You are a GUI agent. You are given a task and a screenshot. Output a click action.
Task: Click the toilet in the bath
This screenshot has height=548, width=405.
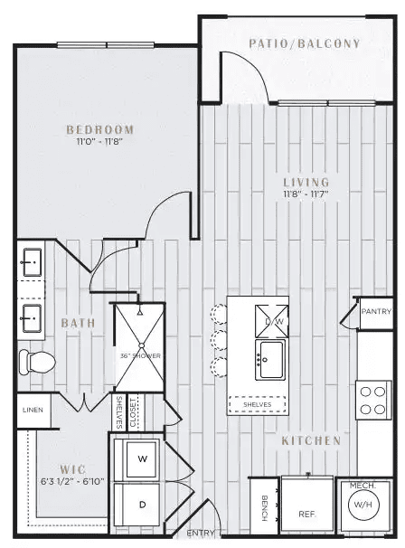(x=37, y=362)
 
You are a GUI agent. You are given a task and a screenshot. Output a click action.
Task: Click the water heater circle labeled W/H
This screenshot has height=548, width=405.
(x=363, y=505)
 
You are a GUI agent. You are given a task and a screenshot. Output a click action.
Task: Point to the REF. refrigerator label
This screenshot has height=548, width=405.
(x=307, y=515)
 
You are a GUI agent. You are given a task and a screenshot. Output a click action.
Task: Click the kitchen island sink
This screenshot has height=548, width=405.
(x=269, y=360)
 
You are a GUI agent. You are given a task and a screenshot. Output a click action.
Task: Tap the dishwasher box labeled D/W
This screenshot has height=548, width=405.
(x=271, y=321)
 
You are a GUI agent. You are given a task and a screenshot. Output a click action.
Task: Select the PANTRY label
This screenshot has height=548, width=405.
(x=376, y=311)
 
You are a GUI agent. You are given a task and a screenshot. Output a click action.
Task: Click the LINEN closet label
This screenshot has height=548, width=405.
(x=33, y=410)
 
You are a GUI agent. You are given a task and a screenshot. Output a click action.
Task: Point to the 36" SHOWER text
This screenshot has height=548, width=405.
(x=140, y=355)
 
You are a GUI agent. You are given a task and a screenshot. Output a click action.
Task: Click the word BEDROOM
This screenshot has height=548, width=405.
(x=100, y=129)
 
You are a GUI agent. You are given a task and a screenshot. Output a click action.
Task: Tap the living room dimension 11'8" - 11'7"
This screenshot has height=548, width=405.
(x=306, y=194)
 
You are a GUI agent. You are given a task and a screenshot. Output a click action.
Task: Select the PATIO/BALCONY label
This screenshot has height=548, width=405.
(x=304, y=43)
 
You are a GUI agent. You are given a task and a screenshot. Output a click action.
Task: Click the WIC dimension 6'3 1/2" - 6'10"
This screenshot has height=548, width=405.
(x=72, y=481)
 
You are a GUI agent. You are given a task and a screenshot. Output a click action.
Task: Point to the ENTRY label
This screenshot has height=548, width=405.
(x=200, y=533)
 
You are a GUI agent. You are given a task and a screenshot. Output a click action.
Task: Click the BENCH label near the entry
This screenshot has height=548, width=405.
(x=265, y=508)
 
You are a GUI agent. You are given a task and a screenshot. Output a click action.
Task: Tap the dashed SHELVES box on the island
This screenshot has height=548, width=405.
(x=257, y=404)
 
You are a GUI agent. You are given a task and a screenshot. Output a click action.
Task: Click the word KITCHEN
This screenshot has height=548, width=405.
(x=311, y=440)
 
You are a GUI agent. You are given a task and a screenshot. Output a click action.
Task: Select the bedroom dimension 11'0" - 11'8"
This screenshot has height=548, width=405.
(x=100, y=142)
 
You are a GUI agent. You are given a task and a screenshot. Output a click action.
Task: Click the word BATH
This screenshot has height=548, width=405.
(x=79, y=323)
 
